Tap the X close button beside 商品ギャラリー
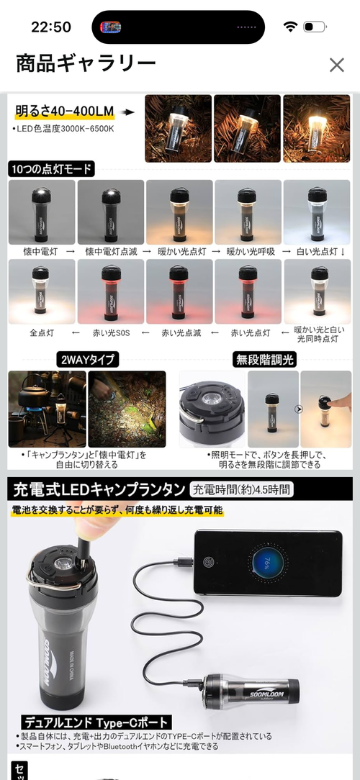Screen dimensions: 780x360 336,65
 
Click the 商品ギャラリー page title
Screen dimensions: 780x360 86,64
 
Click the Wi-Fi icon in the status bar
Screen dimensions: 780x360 290,27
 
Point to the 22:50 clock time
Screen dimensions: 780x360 50,27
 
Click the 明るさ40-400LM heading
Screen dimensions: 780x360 65,112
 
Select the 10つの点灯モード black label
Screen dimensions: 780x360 51,169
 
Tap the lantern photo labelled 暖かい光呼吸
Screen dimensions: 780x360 248,212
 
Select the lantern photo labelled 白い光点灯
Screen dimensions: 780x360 317,212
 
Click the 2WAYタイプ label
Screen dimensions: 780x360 87,360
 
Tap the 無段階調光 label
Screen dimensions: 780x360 265,360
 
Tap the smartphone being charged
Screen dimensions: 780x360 266,562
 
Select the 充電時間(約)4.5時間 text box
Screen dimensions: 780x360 242,491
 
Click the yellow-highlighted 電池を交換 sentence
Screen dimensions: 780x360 117,510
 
